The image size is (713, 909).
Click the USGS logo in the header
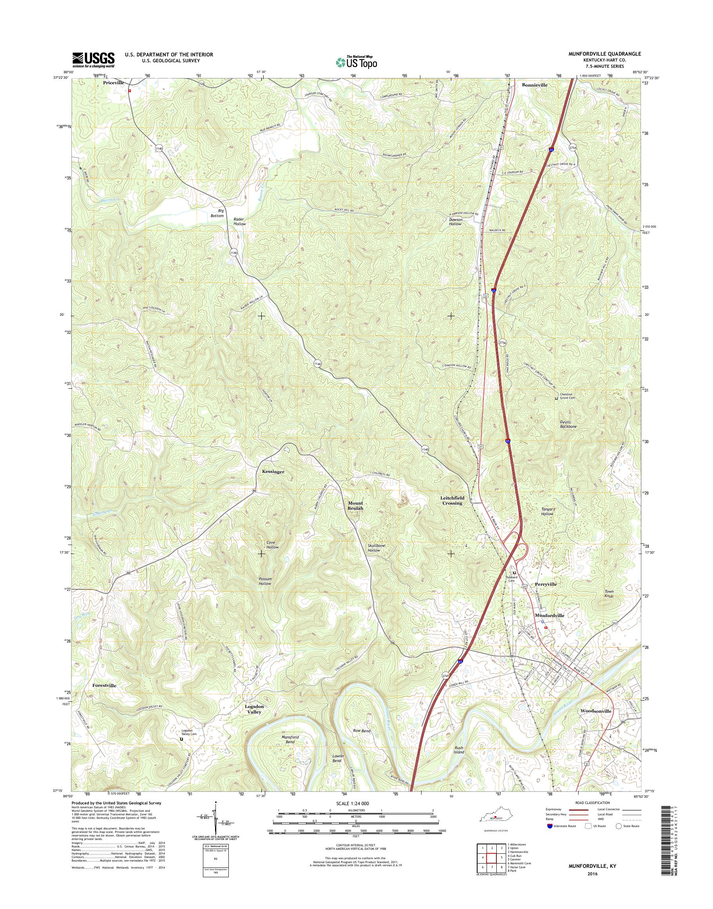click(x=94, y=60)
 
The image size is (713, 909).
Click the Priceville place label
click(x=113, y=83)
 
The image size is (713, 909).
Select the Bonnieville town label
click(x=534, y=85)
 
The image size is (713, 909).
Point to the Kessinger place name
click(x=273, y=472)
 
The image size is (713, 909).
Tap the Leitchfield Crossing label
click(x=452, y=501)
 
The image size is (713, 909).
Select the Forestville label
click(x=104, y=686)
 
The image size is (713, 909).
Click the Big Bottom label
click(x=217, y=214)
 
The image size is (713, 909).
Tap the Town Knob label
click(x=610, y=594)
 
